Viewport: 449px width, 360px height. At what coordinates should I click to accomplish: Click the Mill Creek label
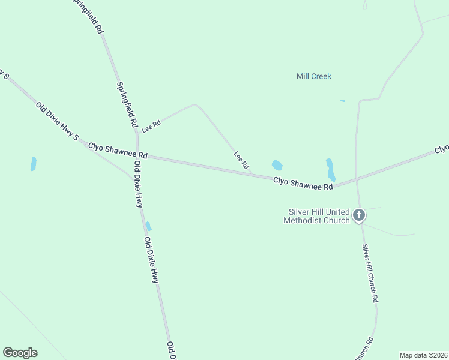coord(313,76)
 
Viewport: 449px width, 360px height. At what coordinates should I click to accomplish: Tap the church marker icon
coord(359,215)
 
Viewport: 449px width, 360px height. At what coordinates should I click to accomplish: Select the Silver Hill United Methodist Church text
coord(319,216)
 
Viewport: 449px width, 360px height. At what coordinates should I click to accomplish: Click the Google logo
coord(20,352)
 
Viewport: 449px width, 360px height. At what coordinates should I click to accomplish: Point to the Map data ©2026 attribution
coord(423,355)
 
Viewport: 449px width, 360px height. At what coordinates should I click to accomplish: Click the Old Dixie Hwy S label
coord(57,121)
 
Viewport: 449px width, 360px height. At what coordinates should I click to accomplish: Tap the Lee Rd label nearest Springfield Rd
coord(151,126)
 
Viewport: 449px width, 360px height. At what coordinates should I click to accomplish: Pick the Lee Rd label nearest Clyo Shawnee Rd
coord(241,160)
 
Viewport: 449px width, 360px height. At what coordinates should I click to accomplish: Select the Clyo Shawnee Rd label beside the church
coord(303,183)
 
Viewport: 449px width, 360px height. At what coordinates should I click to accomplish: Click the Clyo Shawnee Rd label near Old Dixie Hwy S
coord(118,150)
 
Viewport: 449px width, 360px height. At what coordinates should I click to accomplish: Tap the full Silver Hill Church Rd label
coord(370,273)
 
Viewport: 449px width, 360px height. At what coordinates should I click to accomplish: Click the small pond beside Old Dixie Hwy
coord(148,226)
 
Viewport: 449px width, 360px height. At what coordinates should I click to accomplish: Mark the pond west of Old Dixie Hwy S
coord(34,164)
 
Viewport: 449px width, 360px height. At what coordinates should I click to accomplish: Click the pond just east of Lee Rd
coord(277,165)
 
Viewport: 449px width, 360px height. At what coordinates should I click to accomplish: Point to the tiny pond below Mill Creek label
coord(342,101)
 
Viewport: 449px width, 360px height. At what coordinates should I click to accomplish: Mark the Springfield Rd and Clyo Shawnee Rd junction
coord(137,154)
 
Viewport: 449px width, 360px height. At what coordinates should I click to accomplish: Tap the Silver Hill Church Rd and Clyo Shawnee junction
coord(357,179)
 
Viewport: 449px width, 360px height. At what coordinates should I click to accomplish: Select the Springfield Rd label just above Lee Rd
coord(126,104)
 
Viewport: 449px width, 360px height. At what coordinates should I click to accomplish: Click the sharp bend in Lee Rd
coord(194,105)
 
